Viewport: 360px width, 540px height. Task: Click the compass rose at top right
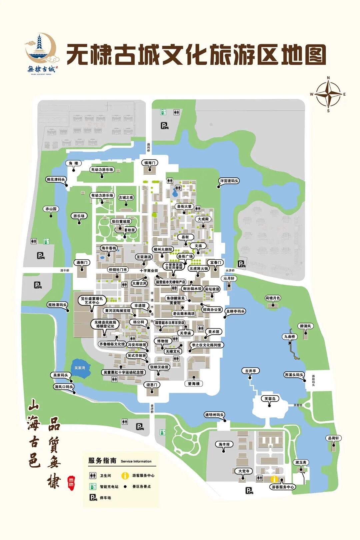328,94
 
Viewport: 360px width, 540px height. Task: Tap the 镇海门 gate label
150,163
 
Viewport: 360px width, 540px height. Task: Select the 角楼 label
74,163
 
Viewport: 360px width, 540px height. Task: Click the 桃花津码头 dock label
56,180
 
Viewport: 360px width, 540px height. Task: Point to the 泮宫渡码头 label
229,181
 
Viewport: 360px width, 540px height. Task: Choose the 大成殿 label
203,219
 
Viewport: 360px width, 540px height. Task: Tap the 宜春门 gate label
215,263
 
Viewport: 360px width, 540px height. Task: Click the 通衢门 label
82,263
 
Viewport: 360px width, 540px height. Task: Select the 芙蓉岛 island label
270,399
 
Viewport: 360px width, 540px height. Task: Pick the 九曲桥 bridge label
289,337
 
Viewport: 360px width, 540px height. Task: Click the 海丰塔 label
224,444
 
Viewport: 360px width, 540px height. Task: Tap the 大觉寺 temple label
244,471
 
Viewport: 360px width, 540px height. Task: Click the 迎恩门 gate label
152,385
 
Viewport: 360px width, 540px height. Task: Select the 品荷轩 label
333,438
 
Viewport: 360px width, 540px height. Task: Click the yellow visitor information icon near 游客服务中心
274,479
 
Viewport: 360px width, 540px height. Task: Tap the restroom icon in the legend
93,476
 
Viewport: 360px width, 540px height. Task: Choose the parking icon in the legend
93,498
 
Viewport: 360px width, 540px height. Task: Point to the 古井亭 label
250,371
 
